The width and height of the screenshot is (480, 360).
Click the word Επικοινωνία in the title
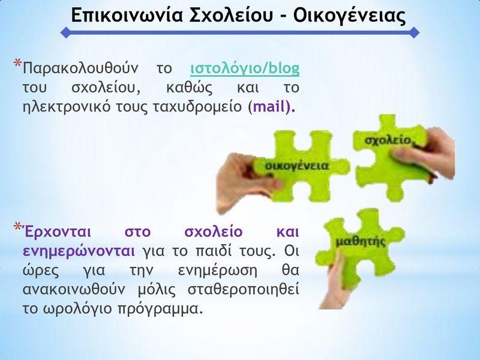(x=127, y=15)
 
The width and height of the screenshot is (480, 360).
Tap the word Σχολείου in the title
(x=231, y=15)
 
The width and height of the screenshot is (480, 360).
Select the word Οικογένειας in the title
(x=349, y=16)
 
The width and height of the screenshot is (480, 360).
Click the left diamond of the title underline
(x=66, y=32)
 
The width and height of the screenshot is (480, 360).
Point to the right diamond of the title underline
(x=414, y=32)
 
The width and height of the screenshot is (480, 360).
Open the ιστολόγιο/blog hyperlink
(x=245, y=69)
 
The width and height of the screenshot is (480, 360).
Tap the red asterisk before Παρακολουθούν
(x=17, y=64)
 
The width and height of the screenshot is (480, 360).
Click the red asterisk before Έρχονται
(x=17, y=227)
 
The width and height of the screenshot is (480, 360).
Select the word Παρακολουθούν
(x=80, y=68)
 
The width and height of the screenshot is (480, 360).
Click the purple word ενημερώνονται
(x=79, y=251)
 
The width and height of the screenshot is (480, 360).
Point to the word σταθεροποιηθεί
(x=244, y=290)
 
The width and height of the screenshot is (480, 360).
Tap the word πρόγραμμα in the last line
(x=160, y=309)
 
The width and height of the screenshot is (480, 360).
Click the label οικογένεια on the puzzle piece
(x=296, y=166)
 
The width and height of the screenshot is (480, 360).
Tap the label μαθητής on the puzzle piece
(x=361, y=242)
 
